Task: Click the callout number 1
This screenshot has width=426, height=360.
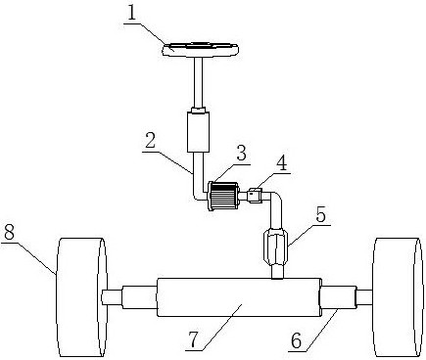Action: coord(131,14)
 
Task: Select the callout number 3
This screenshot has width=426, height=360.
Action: coord(241,153)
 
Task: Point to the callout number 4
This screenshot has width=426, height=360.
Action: coord(281,162)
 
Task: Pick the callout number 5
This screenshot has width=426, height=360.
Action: coord(320,215)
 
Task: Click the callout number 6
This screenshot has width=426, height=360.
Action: coord(296,341)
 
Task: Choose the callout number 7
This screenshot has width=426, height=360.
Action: coord(194,339)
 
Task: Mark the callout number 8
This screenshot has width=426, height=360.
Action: coord(9,233)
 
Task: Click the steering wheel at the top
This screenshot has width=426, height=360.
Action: coord(201,50)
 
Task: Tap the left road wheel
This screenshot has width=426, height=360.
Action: coord(81,297)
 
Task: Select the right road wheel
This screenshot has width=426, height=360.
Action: coord(398,297)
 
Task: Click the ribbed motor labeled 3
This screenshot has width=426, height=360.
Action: coord(223,196)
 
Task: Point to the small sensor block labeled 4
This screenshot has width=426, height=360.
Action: coord(255,196)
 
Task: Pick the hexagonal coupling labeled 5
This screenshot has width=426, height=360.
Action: coord(275,247)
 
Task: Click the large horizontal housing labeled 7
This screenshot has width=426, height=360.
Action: coord(239,297)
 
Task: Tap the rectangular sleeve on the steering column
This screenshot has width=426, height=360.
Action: coord(198,132)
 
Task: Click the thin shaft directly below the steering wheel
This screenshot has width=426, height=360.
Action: coord(199,82)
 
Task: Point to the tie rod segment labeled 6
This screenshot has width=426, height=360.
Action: coord(338,296)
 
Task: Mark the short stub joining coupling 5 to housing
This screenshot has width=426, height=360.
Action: coord(277,272)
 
